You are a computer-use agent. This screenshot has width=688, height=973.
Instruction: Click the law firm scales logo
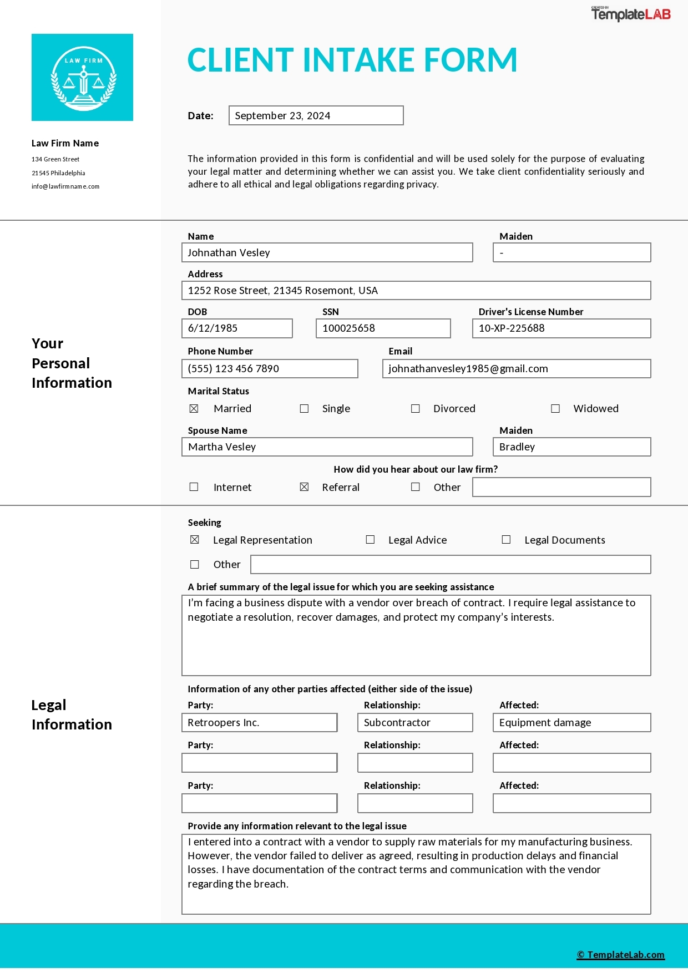click(x=83, y=78)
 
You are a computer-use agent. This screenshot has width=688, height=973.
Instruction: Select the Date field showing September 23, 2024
click(x=316, y=115)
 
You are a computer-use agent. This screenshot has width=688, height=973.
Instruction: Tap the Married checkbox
click(x=194, y=409)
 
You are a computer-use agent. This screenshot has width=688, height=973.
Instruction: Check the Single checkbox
click(x=304, y=409)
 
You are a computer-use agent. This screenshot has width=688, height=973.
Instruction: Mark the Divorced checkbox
click(x=415, y=409)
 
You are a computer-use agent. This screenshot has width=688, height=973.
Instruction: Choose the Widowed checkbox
click(x=555, y=409)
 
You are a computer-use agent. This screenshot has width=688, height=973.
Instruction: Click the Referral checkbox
click(x=304, y=487)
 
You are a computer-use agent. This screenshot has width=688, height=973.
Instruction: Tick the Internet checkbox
click(x=194, y=487)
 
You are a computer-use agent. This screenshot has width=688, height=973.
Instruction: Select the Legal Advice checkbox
click(x=370, y=540)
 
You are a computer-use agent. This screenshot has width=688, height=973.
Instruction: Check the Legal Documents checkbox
click(x=506, y=540)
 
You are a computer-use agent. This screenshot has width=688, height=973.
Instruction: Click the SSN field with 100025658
click(x=383, y=328)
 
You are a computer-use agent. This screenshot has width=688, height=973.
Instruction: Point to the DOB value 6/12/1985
click(x=213, y=328)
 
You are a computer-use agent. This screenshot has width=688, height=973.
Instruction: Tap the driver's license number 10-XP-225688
click(x=512, y=328)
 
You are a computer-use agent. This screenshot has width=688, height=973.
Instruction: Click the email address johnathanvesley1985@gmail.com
click(x=468, y=369)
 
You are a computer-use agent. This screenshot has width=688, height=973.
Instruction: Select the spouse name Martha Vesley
click(x=222, y=447)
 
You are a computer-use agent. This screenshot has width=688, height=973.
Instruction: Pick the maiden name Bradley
click(x=517, y=447)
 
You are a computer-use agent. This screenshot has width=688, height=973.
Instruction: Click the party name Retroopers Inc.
click(x=224, y=723)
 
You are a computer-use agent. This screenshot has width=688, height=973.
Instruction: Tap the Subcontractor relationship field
click(x=397, y=723)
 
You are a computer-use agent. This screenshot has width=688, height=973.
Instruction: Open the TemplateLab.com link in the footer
click(x=620, y=955)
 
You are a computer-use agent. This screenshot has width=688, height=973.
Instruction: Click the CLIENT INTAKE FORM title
click(x=352, y=60)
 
